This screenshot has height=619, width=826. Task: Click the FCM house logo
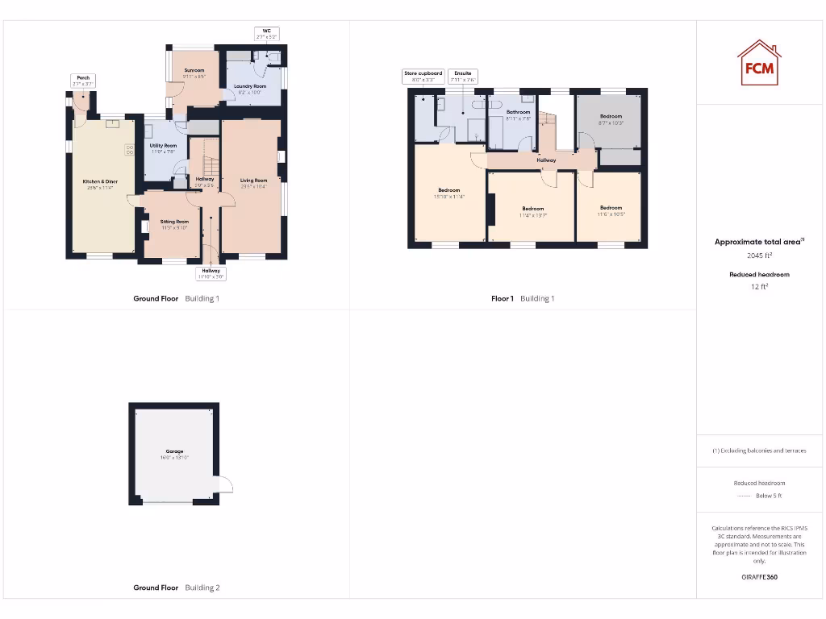pos(759,63)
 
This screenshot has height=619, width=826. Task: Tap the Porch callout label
pos(83,81)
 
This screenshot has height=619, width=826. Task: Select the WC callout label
pos(266,34)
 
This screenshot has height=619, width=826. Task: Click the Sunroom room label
pos(194,73)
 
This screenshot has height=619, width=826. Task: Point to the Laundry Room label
pos(250,89)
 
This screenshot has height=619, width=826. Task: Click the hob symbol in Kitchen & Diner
pos(130,149)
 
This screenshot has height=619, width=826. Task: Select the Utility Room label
pos(163,148)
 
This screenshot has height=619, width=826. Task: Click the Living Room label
pos(253,183)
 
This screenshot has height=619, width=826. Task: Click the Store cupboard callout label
pos(423,77)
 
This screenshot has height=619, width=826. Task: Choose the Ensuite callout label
pos(463,77)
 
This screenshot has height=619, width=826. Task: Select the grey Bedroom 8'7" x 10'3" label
pos(611,119)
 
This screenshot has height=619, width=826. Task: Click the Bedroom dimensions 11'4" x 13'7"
pos(532,215)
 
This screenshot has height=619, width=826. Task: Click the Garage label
pos(175,451)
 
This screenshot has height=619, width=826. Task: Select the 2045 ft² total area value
pos(760,255)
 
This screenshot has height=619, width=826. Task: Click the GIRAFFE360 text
pos(760,577)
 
